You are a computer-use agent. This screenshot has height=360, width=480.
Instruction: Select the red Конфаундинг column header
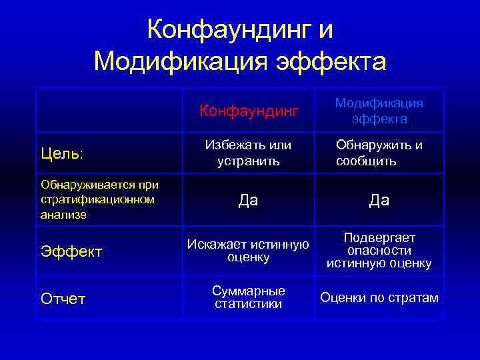(249, 111)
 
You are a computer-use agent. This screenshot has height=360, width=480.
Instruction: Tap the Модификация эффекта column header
(379, 111)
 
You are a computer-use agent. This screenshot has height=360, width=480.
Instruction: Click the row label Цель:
(61, 153)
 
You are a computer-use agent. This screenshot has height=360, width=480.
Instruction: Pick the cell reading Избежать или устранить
(249, 153)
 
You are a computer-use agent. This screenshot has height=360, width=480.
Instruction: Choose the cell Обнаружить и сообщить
(379, 153)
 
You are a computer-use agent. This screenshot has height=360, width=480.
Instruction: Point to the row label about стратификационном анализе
(99, 199)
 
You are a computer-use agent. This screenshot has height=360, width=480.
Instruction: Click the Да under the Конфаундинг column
(249, 200)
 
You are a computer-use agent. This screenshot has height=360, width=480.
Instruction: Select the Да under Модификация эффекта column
(379, 200)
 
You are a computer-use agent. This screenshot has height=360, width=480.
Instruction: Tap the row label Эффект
(71, 251)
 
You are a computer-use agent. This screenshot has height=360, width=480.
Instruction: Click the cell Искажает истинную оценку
(249, 251)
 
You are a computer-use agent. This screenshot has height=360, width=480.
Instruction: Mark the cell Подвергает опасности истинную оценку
(379, 251)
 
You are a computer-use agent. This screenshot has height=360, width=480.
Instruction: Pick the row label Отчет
(63, 299)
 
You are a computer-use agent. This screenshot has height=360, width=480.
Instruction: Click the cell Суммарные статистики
(249, 297)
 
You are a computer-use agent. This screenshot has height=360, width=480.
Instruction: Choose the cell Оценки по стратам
(379, 297)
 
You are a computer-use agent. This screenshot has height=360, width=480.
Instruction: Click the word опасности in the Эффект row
(379, 251)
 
